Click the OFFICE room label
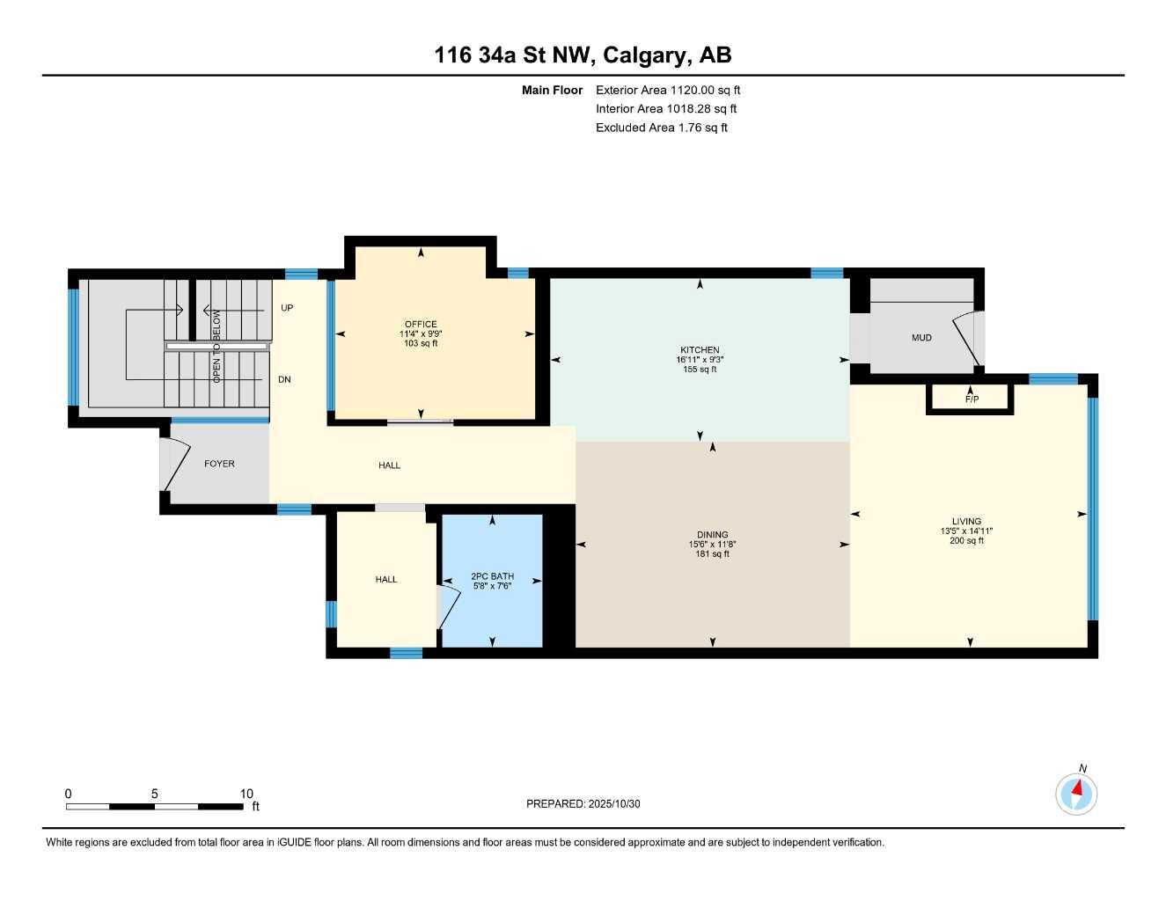tap(421, 325)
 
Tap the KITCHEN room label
tap(700, 350)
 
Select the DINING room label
tap(712, 535)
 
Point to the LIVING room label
tap(965, 522)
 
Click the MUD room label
tap(921, 338)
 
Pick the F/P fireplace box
tap(971, 399)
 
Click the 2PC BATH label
tap(492, 577)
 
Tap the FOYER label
tap(219, 464)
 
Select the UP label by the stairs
tap(287, 308)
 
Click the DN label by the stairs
tap(284, 380)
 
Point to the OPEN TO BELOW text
tap(216, 345)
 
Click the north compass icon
tap(1076, 794)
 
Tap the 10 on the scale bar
tap(246, 794)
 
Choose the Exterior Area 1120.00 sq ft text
tap(668, 90)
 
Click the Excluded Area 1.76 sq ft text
tap(661, 128)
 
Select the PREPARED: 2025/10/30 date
tap(583, 803)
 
